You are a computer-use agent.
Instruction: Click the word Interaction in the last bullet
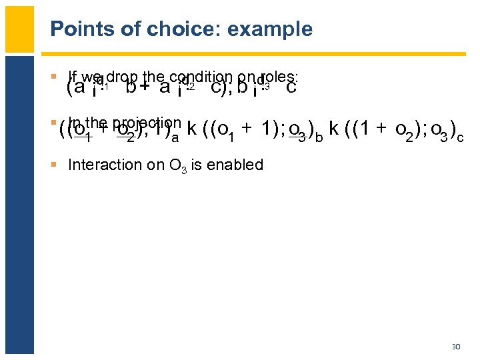[x=101, y=165]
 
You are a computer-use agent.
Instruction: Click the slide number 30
[x=457, y=347]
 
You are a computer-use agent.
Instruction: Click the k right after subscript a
[x=191, y=129]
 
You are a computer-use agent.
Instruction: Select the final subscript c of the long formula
[x=461, y=137]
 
